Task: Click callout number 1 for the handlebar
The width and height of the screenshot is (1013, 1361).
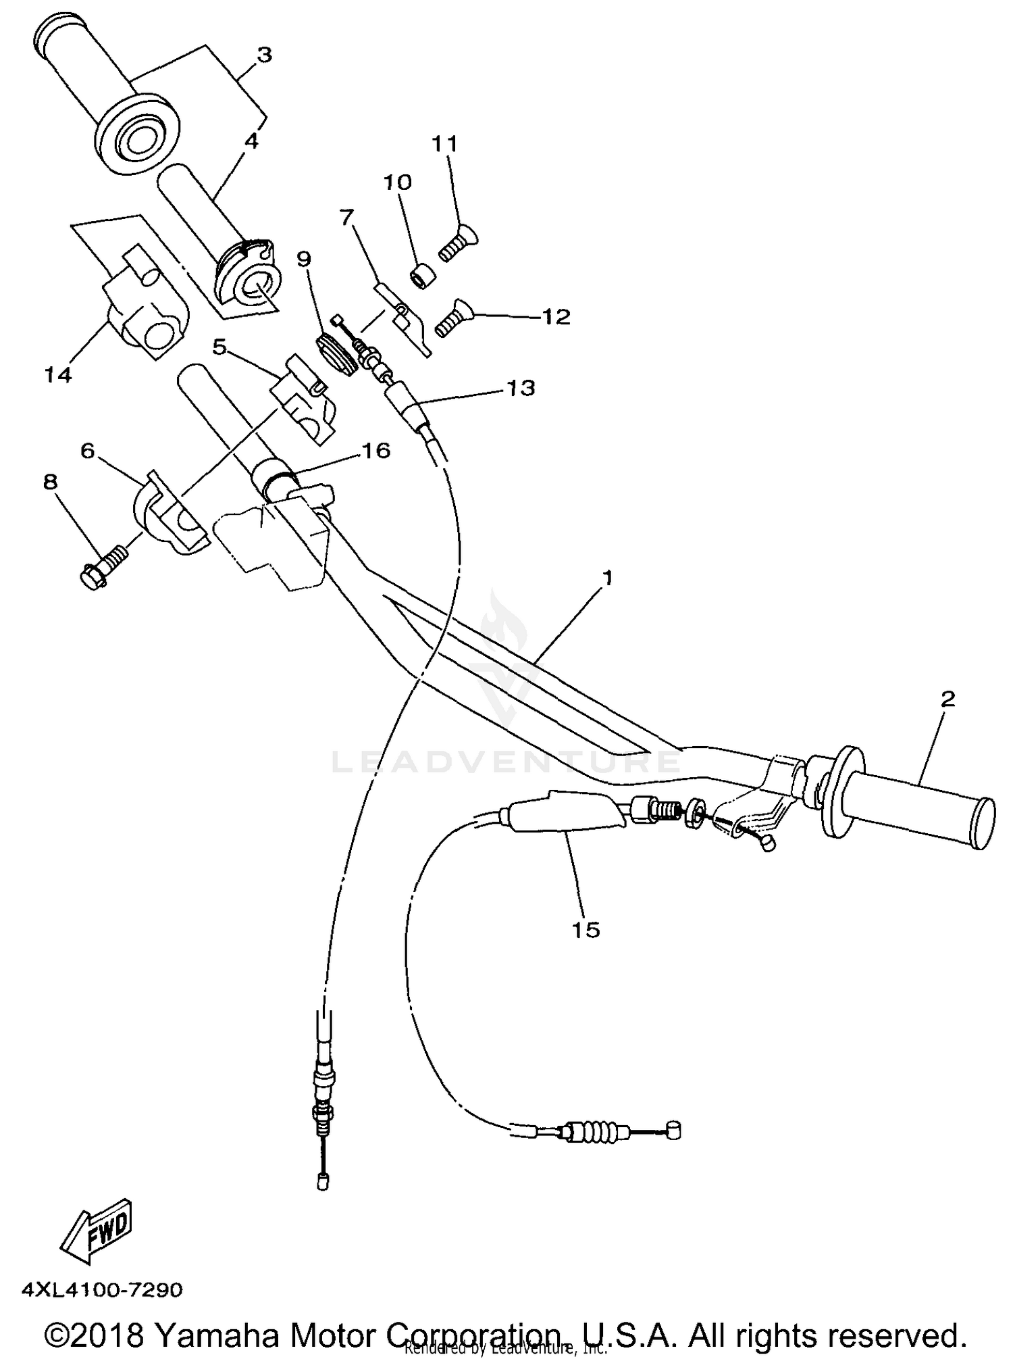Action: click(608, 578)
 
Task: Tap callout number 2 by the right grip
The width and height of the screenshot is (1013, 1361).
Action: click(947, 699)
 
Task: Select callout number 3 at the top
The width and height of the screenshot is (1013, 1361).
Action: click(264, 55)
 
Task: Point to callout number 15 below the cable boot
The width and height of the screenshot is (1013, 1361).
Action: click(586, 930)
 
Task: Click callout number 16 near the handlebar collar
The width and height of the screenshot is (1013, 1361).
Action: click(376, 451)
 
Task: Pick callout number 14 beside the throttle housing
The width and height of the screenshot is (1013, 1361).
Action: click(58, 374)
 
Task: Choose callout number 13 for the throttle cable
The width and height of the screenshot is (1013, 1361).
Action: click(521, 388)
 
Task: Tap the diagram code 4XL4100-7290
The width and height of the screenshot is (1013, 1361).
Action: click(102, 1291)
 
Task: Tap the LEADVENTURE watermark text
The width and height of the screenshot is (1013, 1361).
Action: click(506, 762)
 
